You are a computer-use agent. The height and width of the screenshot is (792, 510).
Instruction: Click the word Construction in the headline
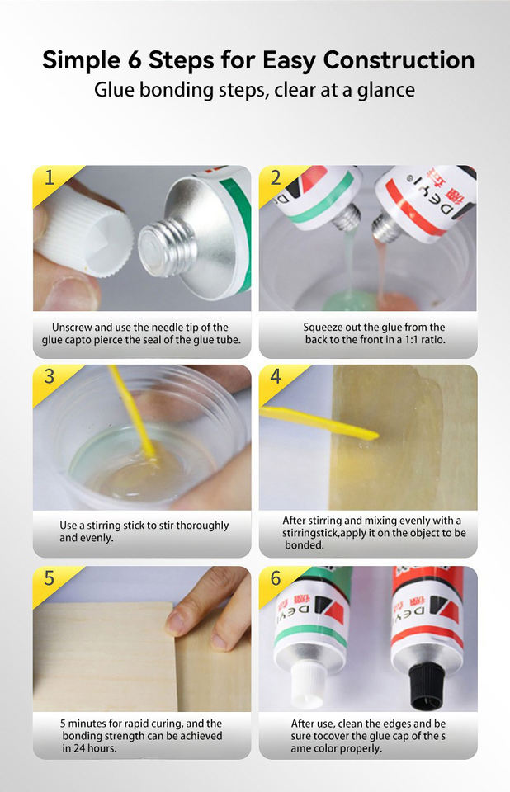(x=399, y=59)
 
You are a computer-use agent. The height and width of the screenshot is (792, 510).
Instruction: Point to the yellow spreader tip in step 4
(x=371, y=435)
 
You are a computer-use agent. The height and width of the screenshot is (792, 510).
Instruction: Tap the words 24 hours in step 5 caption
(x=95, y=748)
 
